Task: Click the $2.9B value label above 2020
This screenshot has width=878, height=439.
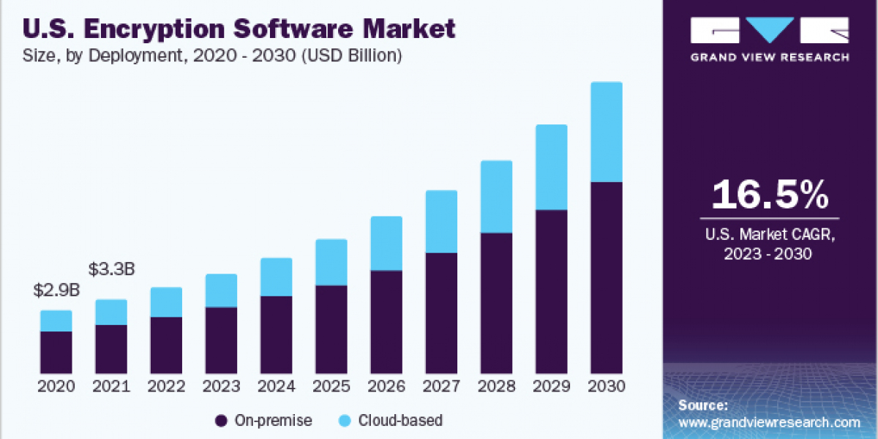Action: click(56, 290)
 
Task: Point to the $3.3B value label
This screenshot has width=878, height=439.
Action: click(111, 269)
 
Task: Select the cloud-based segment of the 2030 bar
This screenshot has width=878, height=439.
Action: click(606, 132)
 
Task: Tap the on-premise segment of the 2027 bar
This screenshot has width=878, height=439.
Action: click(441, 312)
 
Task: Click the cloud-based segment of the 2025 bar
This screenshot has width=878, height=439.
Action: click(331, 262)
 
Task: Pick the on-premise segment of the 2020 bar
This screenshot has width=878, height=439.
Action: click(56, 352)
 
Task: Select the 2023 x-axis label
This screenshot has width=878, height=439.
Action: click(221, 386)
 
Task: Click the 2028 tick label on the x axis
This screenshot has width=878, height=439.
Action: click(496, 386)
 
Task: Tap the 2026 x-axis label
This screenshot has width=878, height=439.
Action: click(386, 386)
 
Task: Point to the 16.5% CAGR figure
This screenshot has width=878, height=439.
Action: click(770, 195)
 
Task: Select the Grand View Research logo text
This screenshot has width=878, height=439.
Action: click(770, 57)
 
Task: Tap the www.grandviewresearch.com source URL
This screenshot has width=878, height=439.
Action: click(769, 422)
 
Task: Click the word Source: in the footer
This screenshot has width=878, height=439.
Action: click(703, 405)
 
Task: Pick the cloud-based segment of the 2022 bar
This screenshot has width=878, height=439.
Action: click(166, 301)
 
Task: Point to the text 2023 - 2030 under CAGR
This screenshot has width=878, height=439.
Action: click(770, 253)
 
